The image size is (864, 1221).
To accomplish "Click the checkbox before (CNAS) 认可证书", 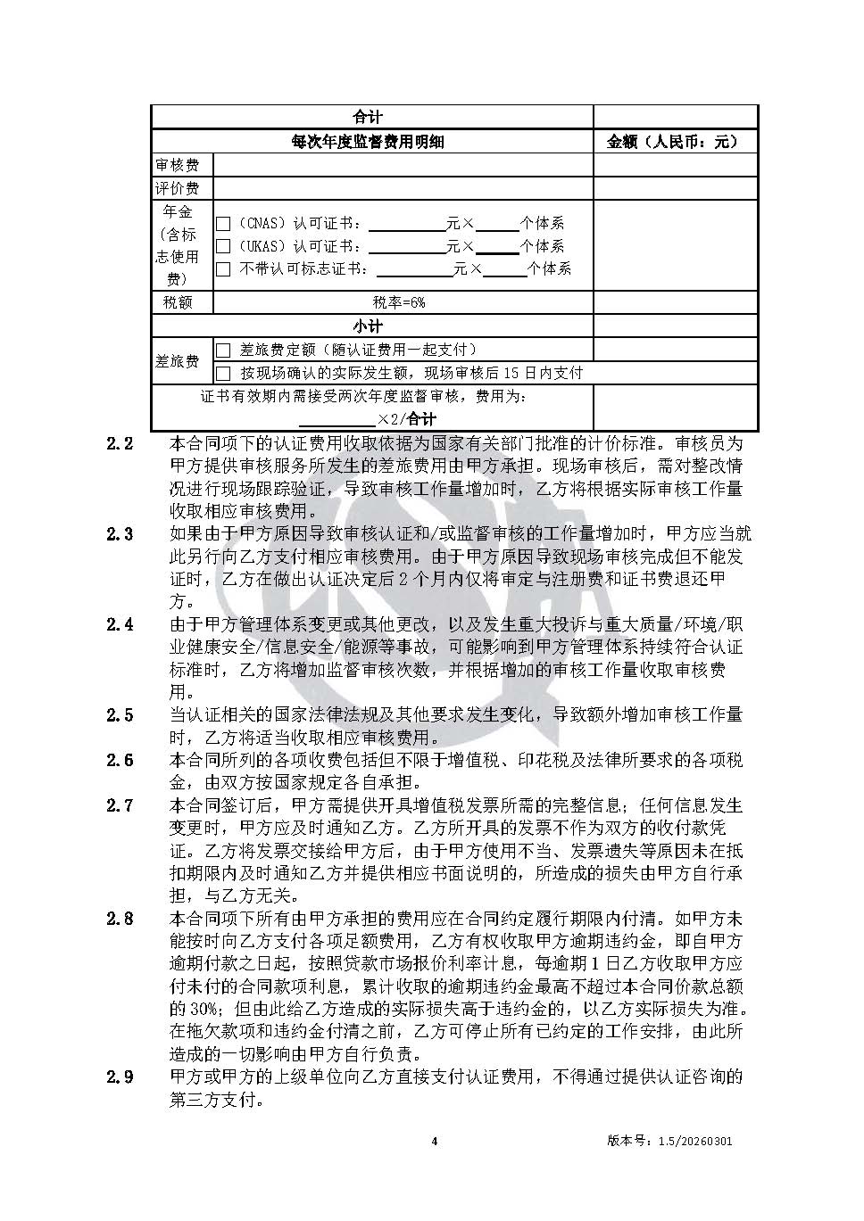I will coord(223,224).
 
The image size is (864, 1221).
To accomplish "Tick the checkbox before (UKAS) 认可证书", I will coord(223,246).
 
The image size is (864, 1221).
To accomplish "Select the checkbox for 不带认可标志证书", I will coord(223,268).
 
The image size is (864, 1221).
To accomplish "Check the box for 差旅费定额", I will coord(223,351).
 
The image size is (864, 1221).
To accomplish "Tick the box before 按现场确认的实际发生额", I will coord(223,373).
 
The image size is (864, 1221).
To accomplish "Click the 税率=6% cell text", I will coord(399,302).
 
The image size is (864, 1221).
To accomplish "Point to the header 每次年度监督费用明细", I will coord(368,142).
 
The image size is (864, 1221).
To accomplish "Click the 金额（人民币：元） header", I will coord(674,142).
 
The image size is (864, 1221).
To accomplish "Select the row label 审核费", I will coord(178,165).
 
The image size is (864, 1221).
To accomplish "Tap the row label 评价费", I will coord(178,188).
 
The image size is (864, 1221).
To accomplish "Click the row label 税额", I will coord(178,302).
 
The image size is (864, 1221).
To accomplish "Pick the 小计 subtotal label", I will coord(368,326).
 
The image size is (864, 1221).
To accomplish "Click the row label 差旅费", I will coord(178,361).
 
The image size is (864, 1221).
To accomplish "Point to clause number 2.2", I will coord(120,443).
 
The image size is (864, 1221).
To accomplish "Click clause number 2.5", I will coord(120,715).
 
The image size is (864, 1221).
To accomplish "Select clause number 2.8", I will coord(120,919).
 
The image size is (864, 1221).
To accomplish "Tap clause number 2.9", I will coord(120,1077).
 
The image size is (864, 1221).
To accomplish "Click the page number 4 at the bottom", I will coord(434,1141).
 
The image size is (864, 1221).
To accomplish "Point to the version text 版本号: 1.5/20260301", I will coord(669,1141).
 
